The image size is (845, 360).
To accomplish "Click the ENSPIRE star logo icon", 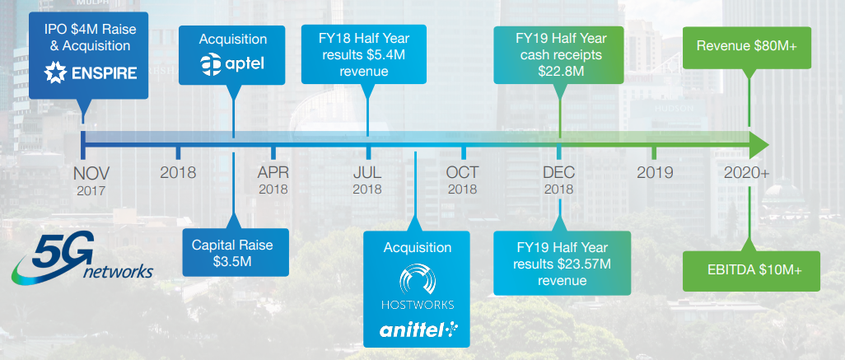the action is [54, 72].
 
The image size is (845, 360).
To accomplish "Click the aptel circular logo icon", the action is [211, 64].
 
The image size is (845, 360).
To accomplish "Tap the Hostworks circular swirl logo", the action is [417, 279].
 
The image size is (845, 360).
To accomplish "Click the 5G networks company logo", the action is [82, 259].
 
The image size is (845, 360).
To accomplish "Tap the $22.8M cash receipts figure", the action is [561, 71].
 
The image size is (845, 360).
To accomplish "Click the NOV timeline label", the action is [91, 173].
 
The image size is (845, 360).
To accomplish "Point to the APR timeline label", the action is [273, 173].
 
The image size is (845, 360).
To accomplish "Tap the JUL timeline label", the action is [367, 173].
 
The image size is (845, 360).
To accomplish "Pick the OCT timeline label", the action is [462, 173].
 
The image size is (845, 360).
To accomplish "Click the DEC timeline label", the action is [559, 173].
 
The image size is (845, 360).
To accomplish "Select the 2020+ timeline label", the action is [747, 173].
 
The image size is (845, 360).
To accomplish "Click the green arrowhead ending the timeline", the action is [759, 144].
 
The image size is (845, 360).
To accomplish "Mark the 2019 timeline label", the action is [655, 173].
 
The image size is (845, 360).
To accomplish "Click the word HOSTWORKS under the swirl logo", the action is [418, 305].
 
